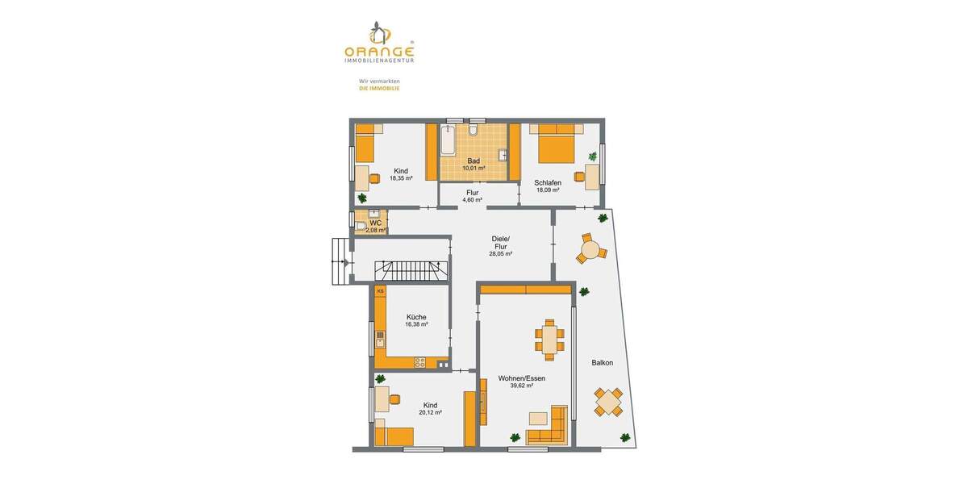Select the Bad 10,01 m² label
pyautogui.click(x=474, y=165)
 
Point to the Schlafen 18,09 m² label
pyautogui.click(x=547, y=186)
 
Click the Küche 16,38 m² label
pyautogui.click(x=416, y=320)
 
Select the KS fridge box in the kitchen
pyautogui.click(x=380, y=292)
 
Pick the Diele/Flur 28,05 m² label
pyautogui.click(x=500, y=245)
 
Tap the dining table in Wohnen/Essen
pyautogui.click(x=550, y=339)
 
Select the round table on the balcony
pyautogui.click(x=590, y=250)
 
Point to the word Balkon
pyautogui.click(x=602, y=363)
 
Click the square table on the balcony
pyautogui.click(x=609, y=401)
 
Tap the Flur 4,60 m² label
pyautogui.click(x=473, y=196)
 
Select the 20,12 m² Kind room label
pyautogui.click(x=430, y=409)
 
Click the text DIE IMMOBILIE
pyautogui.click(x=379, y=89)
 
